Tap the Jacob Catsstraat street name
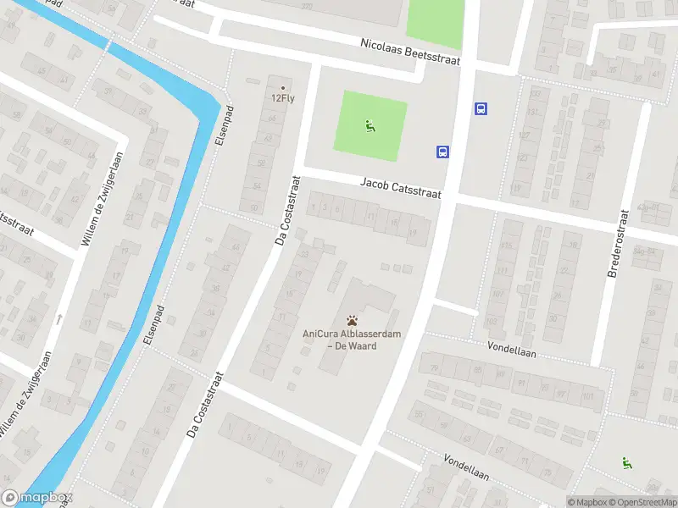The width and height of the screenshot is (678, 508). pyautogui.click(x=401, y=187)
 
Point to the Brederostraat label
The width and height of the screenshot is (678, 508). pyautogui.click(x=618, y=244)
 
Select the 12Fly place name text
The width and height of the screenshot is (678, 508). pyautogui.click(x=283, y=97)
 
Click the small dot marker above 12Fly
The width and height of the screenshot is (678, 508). pyautogui.click(x=283, y=86)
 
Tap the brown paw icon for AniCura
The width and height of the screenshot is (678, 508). pyautogui.click(x=352, y=321)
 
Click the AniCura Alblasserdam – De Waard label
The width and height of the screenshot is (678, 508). pyautogui.click(x=352, y=340)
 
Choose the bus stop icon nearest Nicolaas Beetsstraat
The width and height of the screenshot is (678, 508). pyautogui.click(x=481, y=108)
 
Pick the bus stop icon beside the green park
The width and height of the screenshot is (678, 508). pyautogui.click(x=442, y=152)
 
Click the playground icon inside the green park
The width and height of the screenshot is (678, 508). pyautogui.click(x=370, y=128)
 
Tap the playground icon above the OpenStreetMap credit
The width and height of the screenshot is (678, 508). pyautogui.click(x=627, y=462)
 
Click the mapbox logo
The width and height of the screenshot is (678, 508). pyautogui.click(x=37, y=498)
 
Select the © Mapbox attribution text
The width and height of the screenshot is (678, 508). pyautogui.click(x=587, y=502)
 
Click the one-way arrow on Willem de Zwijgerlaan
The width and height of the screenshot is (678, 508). pyautogui.click(x=59, y=319)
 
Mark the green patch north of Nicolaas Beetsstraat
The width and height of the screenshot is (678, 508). pyautogui.click(x=435, y=19)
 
